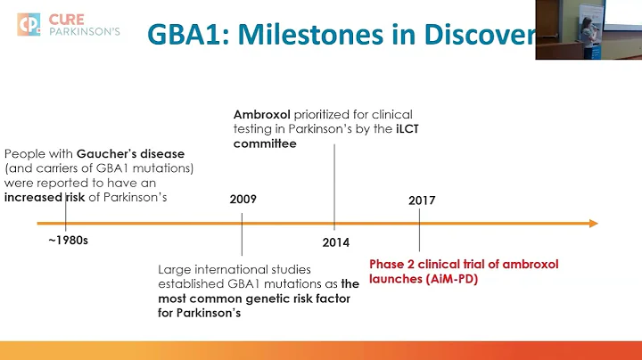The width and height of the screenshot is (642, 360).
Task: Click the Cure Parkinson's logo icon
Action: point(29,25)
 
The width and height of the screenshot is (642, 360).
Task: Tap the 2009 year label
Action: point(243,199)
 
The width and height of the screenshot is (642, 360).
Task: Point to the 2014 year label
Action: point(336,241)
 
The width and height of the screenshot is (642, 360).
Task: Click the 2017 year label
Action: point(421,200)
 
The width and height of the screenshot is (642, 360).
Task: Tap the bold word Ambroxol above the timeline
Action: point(259,115)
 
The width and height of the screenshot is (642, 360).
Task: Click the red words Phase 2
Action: point(393,263)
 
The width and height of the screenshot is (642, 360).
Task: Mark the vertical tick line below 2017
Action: point(419,236)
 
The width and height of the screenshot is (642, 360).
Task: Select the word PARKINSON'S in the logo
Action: point(87,34)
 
